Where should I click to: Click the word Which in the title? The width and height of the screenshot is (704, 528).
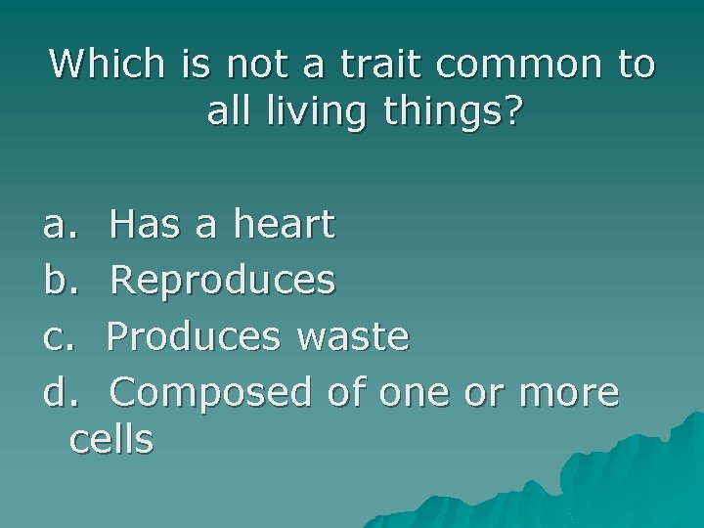[x=109, y=65]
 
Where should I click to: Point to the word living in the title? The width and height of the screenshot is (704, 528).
[x=313, y=113]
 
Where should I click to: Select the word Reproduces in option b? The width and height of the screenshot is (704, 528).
[x=223, y=282]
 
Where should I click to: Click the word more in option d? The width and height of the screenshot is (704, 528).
[x=570, y=392]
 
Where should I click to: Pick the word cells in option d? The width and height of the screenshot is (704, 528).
[x=111, y=440]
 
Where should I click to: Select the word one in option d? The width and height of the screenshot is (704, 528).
[x=411, y=392]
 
